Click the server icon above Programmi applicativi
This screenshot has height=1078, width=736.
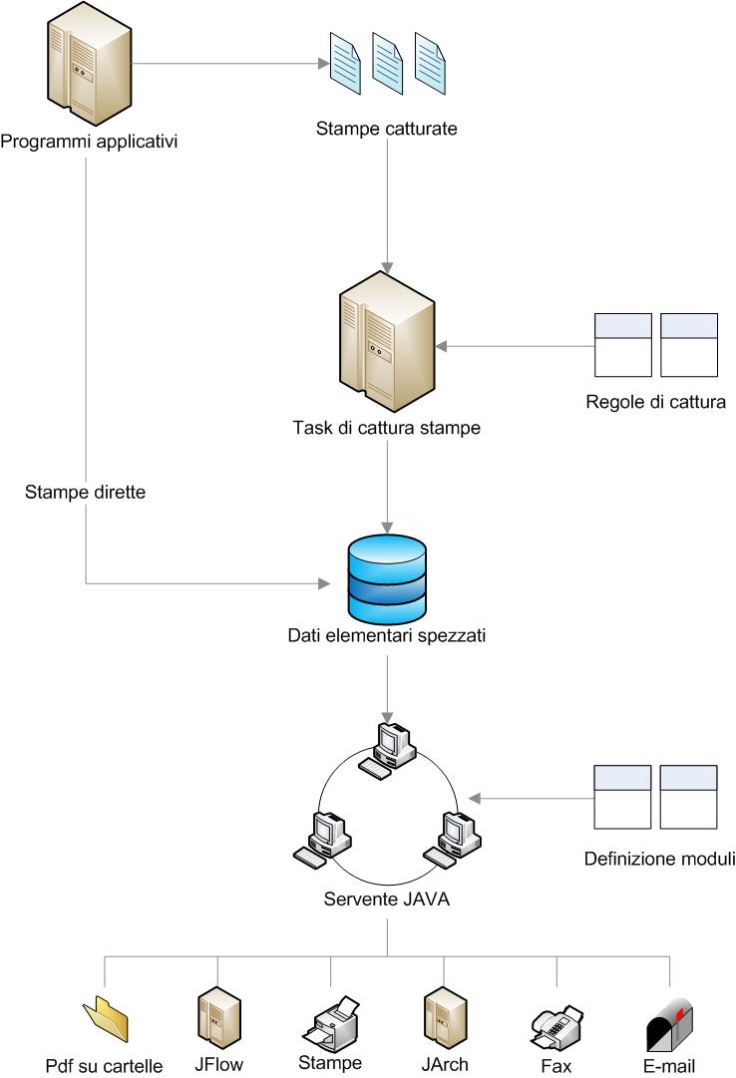click(x=88, y=66)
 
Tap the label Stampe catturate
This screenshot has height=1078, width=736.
click(x=387, y=129)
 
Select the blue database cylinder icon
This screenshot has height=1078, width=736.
click(x=387, y=579)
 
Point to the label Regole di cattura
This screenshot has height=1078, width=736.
click(x=655, y=403)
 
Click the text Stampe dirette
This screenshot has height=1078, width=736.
click(x=86, y=492)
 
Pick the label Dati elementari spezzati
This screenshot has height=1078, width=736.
click(x=387, y=635)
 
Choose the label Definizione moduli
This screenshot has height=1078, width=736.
click(x=659, y=859)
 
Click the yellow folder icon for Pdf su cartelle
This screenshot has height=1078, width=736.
click(x=106, y=1019)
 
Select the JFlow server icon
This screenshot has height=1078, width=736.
click(x=216, y=1018)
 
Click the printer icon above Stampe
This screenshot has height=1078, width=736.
click(x=329, y=1019)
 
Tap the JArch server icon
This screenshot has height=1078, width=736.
click(x=443, y=1018)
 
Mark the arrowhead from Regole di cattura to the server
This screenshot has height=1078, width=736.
click(x=441, y=347)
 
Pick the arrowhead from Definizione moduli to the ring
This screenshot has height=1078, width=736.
click(x=476, y=798)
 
